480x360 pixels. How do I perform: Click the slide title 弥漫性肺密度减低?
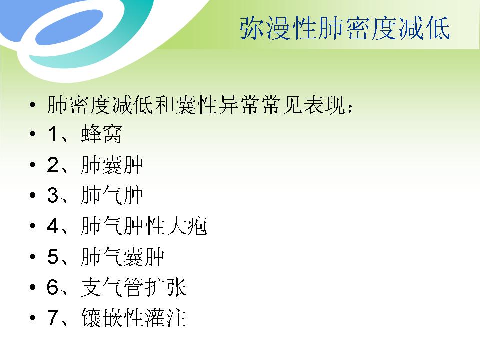345,29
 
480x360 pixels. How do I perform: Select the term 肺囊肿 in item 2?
112,165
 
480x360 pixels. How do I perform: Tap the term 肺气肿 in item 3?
112,196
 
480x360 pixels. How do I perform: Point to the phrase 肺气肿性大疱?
144,227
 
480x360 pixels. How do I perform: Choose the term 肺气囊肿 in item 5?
122,257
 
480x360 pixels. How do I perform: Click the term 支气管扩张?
133,288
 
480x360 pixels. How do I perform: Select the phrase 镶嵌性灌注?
133,318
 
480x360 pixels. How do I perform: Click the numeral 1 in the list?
53,135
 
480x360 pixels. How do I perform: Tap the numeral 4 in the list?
53,227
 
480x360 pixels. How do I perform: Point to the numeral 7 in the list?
53,318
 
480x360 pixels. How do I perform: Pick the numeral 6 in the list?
53,288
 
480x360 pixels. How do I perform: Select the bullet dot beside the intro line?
33,105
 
